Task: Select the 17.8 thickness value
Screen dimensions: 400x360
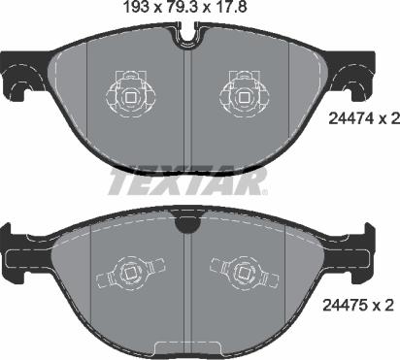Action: tap(230, 8)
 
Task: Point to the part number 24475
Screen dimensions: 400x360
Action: tap(345, 305)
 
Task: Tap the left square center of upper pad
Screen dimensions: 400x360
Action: tap(130, 97)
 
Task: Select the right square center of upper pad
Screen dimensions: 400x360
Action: tap(244, 97)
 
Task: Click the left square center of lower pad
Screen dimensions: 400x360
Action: tap(130, 274)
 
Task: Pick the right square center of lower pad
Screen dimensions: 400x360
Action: tap(243, 274)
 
